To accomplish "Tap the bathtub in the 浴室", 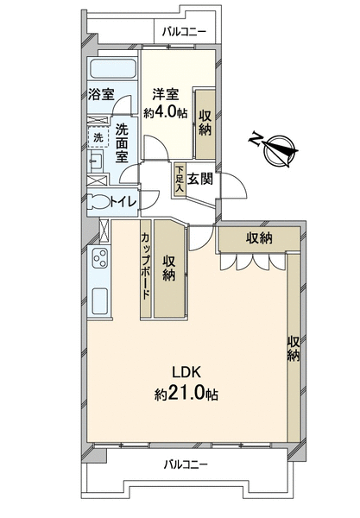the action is (x=112, y=69).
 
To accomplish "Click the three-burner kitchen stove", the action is (x=100, y=259).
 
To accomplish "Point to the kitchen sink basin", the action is (x=99, y=301).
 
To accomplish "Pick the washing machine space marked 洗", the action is (x=98, y=137).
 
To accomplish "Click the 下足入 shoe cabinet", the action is (x=180, y=180).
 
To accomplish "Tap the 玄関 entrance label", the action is (x=200, y=180).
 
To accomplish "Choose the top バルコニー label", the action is (x=184, y=32).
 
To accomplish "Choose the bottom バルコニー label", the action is (x=186, y=464).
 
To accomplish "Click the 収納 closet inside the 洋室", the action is (x=205, y=123).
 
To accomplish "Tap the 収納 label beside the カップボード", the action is (x=168, y=268).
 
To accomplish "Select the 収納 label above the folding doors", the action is (x=259, y=238).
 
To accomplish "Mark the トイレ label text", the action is (x=123, y=201).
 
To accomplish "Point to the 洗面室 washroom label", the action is (x=122, y=143).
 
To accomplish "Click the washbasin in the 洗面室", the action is (x=96, y=160).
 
